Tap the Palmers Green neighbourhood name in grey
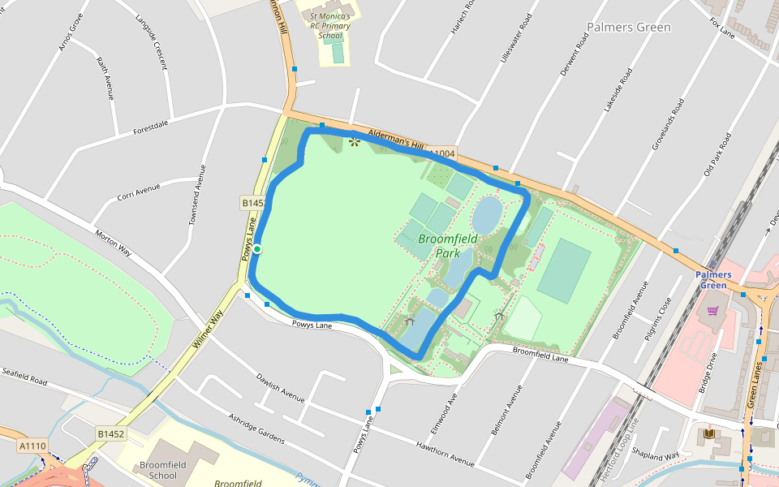(x=629, y=28)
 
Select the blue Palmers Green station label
(x=712, y=280)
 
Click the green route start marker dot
(x=256, y=249)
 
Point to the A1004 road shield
(x=442, y=153)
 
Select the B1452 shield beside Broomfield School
(x=111, y=434)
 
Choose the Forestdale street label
(x=151, y=125)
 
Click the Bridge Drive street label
(x=708, y=372)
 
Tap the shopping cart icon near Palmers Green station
(x=712, y=310)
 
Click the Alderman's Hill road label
(x=397, y=139)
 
